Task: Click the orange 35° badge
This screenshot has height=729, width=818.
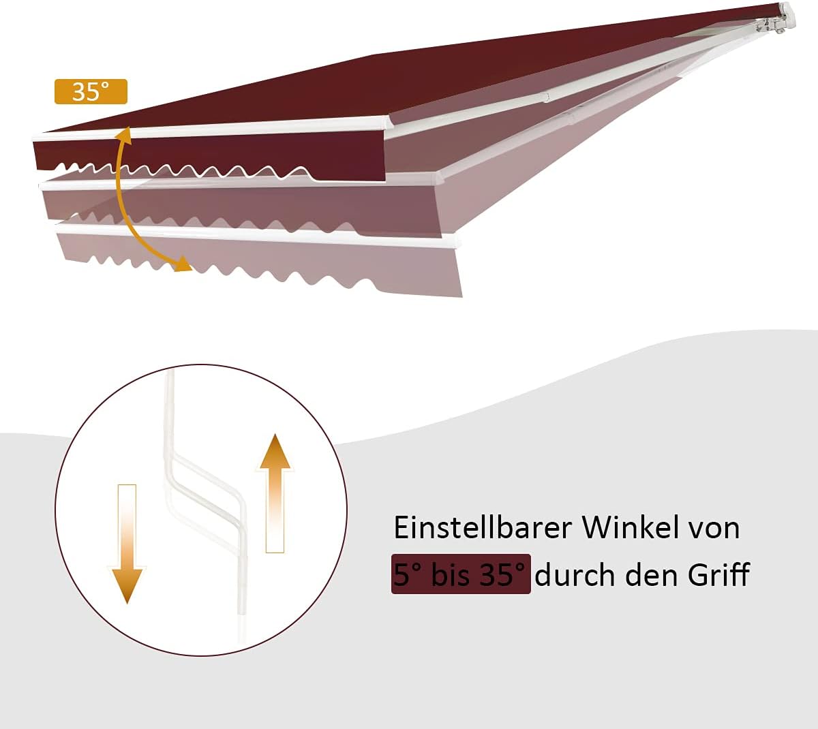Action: (91, 91)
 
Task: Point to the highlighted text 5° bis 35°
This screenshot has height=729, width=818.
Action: (461, 574)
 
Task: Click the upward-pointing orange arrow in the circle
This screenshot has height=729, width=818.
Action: (275, 493)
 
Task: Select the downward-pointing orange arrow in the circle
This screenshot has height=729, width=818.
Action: (127, 544)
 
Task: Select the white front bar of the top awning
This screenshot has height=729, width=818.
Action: (212, 129)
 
